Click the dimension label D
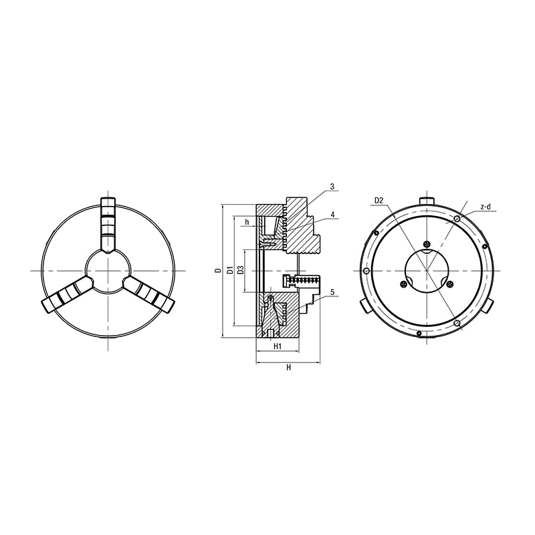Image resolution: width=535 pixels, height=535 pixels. pyautogui.click(x=217, y=271)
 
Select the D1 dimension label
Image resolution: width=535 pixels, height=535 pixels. pyautogui.click(x=230, y=270)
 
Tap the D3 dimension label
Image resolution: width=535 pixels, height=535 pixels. pyautogui.click(x=241, y=270)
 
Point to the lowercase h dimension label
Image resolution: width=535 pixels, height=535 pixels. pyautogui.click(x=247, y=223)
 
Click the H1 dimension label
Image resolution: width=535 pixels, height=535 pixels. pyautogui.click(x=278, y=346)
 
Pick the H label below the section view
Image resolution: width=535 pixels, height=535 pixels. pyautogui.click(x=289, y=367)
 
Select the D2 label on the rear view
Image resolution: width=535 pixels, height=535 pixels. pyautogui.click(x=379, y=201)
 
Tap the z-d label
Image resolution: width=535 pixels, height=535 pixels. pyautogui.click(x=486, y=207)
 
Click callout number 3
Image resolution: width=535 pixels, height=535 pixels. pyautogui.click(x=332, y=187)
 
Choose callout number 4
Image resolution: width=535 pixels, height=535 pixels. pyautogui.click(x=332, y=214)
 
